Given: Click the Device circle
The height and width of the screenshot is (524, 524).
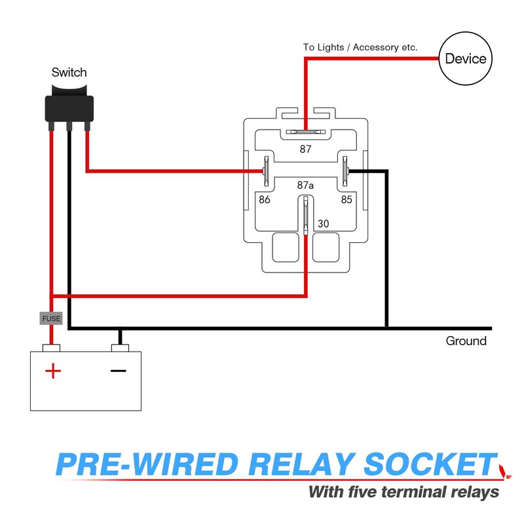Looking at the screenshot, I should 466,59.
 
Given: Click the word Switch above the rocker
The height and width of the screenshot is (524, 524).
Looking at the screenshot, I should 69,72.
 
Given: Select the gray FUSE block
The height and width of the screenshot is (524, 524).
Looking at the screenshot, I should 51,319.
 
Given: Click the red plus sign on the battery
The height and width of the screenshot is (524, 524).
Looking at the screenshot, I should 52,372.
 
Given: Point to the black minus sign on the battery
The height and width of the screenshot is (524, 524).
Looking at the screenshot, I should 118,371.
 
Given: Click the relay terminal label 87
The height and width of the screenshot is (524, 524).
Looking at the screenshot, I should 306,149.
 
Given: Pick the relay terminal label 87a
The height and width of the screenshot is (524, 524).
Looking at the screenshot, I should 306,185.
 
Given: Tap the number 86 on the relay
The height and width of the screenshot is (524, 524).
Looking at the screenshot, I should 265,199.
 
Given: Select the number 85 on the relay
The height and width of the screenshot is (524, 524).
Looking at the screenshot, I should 346,199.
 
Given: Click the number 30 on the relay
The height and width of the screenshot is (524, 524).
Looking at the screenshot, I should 323,223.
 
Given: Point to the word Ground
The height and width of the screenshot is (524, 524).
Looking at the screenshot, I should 466,341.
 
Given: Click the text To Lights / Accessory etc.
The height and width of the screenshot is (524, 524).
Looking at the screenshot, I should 360,47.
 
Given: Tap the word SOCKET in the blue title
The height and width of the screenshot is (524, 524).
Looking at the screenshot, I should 429,464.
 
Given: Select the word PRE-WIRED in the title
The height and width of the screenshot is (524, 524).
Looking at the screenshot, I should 147,464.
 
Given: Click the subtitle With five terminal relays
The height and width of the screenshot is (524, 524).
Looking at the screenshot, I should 403,491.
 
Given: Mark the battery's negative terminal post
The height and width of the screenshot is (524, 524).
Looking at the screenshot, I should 119,347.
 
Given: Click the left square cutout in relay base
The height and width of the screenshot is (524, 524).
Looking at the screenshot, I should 285,247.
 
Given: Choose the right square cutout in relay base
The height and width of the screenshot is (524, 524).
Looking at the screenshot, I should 326,247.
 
